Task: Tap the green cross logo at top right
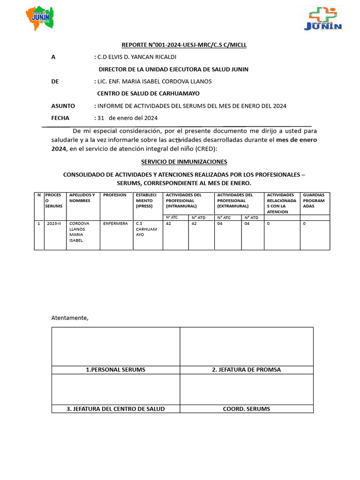coord(323,20)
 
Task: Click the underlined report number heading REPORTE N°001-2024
coord(184,45)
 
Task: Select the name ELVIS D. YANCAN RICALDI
coord(136,57)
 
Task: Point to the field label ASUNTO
coord(63,106)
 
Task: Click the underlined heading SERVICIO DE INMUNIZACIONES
coord(184,162)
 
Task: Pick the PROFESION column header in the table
coord(115,195)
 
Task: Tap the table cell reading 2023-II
coord(54,224)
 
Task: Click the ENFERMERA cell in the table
coord(115,224)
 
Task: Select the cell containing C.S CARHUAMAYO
coord(146,229)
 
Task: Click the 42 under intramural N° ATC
coord(169,224)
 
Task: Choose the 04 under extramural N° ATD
coord(247,224)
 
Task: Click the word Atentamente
coord(69,318)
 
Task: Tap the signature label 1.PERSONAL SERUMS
coord(115,370)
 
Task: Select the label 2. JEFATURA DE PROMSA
coord(246,370)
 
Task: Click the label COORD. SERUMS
coord(246,409)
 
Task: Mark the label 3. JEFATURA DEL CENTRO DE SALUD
coord(115,409)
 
